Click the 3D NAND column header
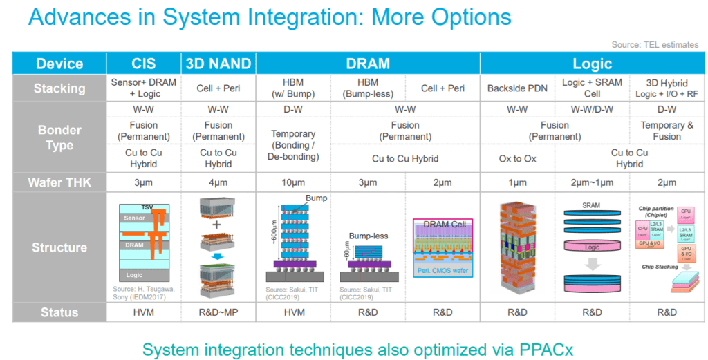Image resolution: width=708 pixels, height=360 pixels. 218,64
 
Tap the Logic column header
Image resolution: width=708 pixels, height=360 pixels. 592,64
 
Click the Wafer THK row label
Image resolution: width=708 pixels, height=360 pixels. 59,182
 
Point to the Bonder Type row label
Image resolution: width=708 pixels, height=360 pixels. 59,138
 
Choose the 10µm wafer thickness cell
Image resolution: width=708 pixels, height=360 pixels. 293,182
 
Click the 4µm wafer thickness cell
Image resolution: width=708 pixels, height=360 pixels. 218,182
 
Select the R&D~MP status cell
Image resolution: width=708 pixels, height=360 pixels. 218,312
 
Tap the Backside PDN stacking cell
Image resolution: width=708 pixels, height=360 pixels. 518,88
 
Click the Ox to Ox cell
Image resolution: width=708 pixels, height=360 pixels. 518,158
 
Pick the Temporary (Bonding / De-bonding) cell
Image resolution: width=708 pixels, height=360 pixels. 293,145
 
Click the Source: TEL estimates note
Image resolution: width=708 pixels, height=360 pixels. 655,45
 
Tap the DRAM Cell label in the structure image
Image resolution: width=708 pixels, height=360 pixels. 442,225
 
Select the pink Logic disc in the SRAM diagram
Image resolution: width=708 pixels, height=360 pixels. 592,245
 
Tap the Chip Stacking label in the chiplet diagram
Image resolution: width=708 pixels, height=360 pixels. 660,267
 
